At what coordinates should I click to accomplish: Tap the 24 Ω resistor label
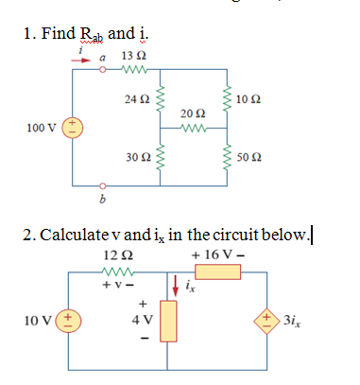pyautogui.click(x=137, y=97)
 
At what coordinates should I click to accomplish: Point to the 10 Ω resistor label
pyautogui.click(x=250, y=99)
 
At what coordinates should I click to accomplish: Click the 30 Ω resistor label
pyautogui.click(x=137, y=154)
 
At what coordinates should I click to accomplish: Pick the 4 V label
pyautogui.click(x=145, y=320)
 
